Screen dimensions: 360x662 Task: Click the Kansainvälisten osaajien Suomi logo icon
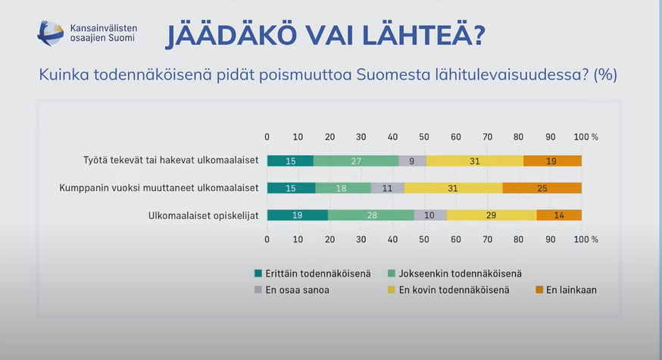51,33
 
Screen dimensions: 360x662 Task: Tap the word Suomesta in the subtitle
390,75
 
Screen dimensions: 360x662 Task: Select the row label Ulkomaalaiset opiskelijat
204,215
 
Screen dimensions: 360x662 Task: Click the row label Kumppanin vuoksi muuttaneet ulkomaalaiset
159,188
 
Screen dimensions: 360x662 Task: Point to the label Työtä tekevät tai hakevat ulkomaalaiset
170,161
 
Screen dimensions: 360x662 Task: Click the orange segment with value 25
542,188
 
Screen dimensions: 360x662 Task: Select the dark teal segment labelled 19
297,215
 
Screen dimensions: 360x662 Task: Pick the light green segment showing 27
356,161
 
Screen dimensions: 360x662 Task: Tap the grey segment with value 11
387,188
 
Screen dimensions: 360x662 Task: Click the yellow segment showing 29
491,215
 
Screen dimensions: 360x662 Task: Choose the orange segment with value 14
559,215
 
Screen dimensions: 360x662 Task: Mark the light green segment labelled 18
343,188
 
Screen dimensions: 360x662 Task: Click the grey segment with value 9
412,161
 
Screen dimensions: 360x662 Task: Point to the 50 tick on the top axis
424,136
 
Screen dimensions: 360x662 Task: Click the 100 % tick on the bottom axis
585,239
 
